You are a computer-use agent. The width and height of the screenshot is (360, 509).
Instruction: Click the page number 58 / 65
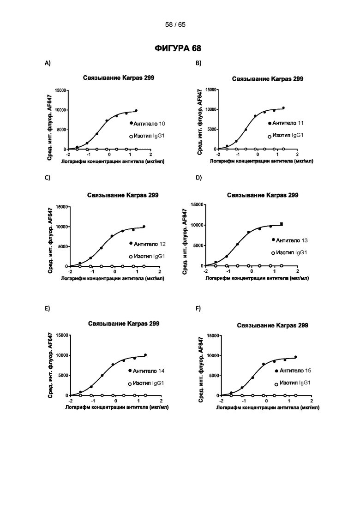pos(175,24)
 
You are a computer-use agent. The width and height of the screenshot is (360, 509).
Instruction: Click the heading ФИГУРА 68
pos(178,48)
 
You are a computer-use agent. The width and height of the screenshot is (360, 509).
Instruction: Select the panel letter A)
pos(48,63)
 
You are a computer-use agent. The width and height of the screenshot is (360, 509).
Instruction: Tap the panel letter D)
pos(198,178)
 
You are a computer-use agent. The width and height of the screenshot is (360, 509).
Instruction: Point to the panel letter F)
pos(198,308)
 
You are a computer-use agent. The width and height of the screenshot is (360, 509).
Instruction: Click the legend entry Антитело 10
pos(147,124)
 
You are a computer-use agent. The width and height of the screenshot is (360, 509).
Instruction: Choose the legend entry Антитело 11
pos(286,123)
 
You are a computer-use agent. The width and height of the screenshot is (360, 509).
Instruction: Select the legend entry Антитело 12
pos(148,244)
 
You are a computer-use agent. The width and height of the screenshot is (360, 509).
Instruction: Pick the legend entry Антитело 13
pos(289,240)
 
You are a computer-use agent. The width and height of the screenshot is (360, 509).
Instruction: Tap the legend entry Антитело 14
pos(146,371)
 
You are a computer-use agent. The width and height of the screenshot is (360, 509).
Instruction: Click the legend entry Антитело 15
pos(293,371)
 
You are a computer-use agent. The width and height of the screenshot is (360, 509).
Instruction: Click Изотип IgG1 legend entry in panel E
pos(146,383)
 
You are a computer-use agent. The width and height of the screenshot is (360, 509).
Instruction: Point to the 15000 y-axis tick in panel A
pos(60,90)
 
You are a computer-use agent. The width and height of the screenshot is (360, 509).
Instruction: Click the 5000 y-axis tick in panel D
pos(198,246)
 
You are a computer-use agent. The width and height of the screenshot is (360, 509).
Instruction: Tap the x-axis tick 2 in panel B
pos(297,155)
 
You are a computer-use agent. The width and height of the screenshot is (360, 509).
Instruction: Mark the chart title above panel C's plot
pos(123,195)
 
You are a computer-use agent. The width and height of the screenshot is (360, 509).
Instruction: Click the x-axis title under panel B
pos(261,161)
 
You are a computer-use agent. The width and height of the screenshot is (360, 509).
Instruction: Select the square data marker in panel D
pos(282,224)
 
